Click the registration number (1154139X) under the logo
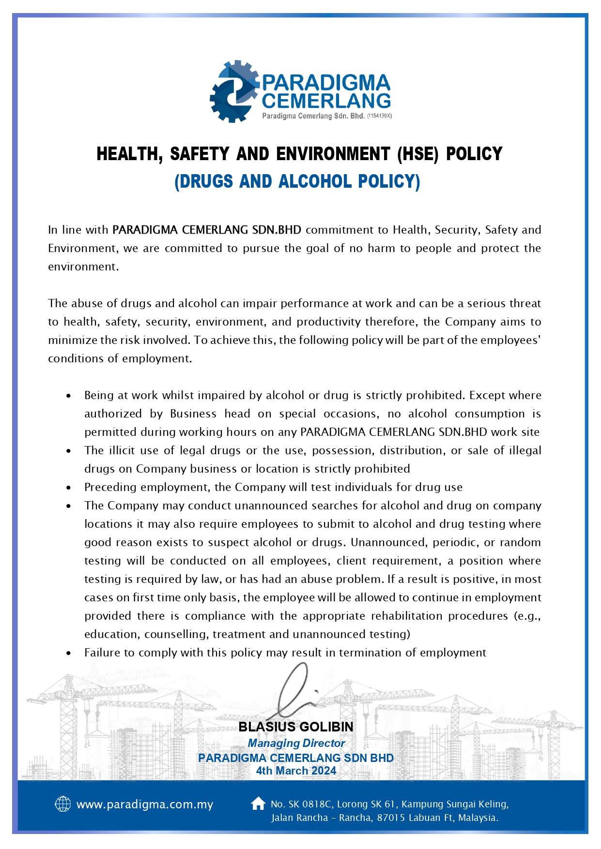379,116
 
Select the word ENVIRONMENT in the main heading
333,154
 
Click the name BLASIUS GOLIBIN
296,727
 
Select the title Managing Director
296,743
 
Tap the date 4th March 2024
296,771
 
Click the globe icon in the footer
63,804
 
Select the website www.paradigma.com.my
145,804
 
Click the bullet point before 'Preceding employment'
69,488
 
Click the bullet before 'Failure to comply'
69,653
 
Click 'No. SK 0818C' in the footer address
301,804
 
